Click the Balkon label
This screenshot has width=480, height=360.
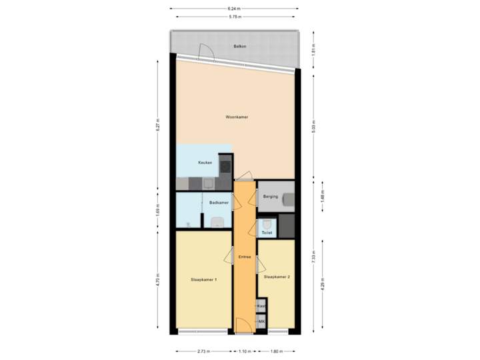point(239,47)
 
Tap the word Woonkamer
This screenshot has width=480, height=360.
point(237,117)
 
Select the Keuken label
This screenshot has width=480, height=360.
point(205,163)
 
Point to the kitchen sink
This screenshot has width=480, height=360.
point(207,183)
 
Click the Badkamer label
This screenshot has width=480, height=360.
point(219,203)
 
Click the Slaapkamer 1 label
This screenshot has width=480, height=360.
point(203,279)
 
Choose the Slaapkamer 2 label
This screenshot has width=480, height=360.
point(276,276)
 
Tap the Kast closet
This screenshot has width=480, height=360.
point(261,305)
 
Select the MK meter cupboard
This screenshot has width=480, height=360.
point(261,321)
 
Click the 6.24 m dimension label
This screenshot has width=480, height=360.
point(235,7)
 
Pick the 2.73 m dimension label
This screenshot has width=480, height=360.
point(205,351)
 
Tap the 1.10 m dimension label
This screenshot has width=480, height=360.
point(245,351)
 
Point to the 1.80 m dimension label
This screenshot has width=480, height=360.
point(276,351)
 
